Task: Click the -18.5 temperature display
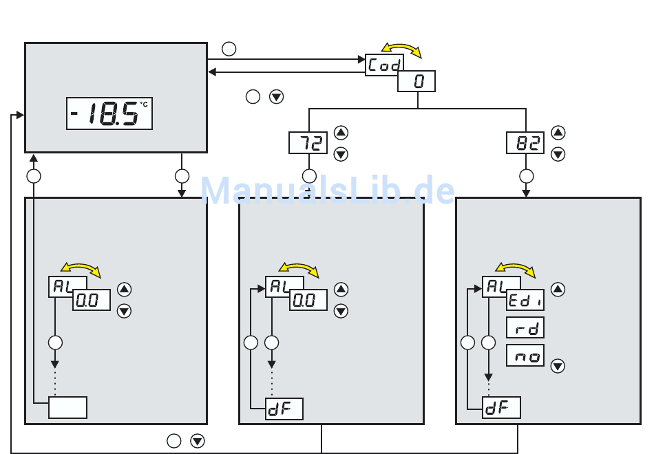109,113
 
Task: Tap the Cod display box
383,65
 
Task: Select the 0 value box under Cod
416,82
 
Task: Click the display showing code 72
308,143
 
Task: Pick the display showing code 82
525,143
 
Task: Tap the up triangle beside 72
341,133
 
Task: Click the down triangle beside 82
558,155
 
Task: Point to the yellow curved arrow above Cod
401,48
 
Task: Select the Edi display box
525,300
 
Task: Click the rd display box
525,327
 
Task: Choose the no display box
525,355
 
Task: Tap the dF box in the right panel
500,408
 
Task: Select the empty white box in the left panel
67,407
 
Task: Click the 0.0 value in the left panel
92,301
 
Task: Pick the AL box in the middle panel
278,287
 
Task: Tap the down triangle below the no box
558,367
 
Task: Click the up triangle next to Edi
558,290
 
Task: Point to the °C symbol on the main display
144,104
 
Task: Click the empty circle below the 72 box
309,175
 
